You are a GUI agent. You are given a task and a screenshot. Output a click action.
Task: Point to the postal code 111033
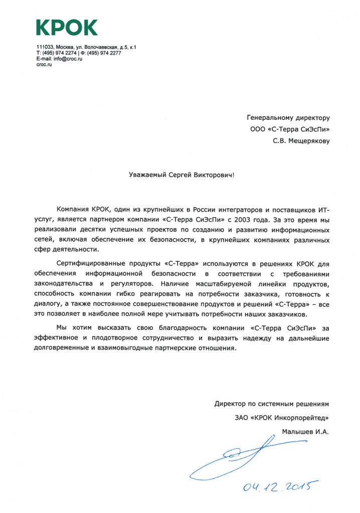(45, 47)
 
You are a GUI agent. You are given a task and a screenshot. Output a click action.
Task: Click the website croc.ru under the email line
(44, 65)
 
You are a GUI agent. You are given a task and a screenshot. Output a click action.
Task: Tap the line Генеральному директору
(288, 118)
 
